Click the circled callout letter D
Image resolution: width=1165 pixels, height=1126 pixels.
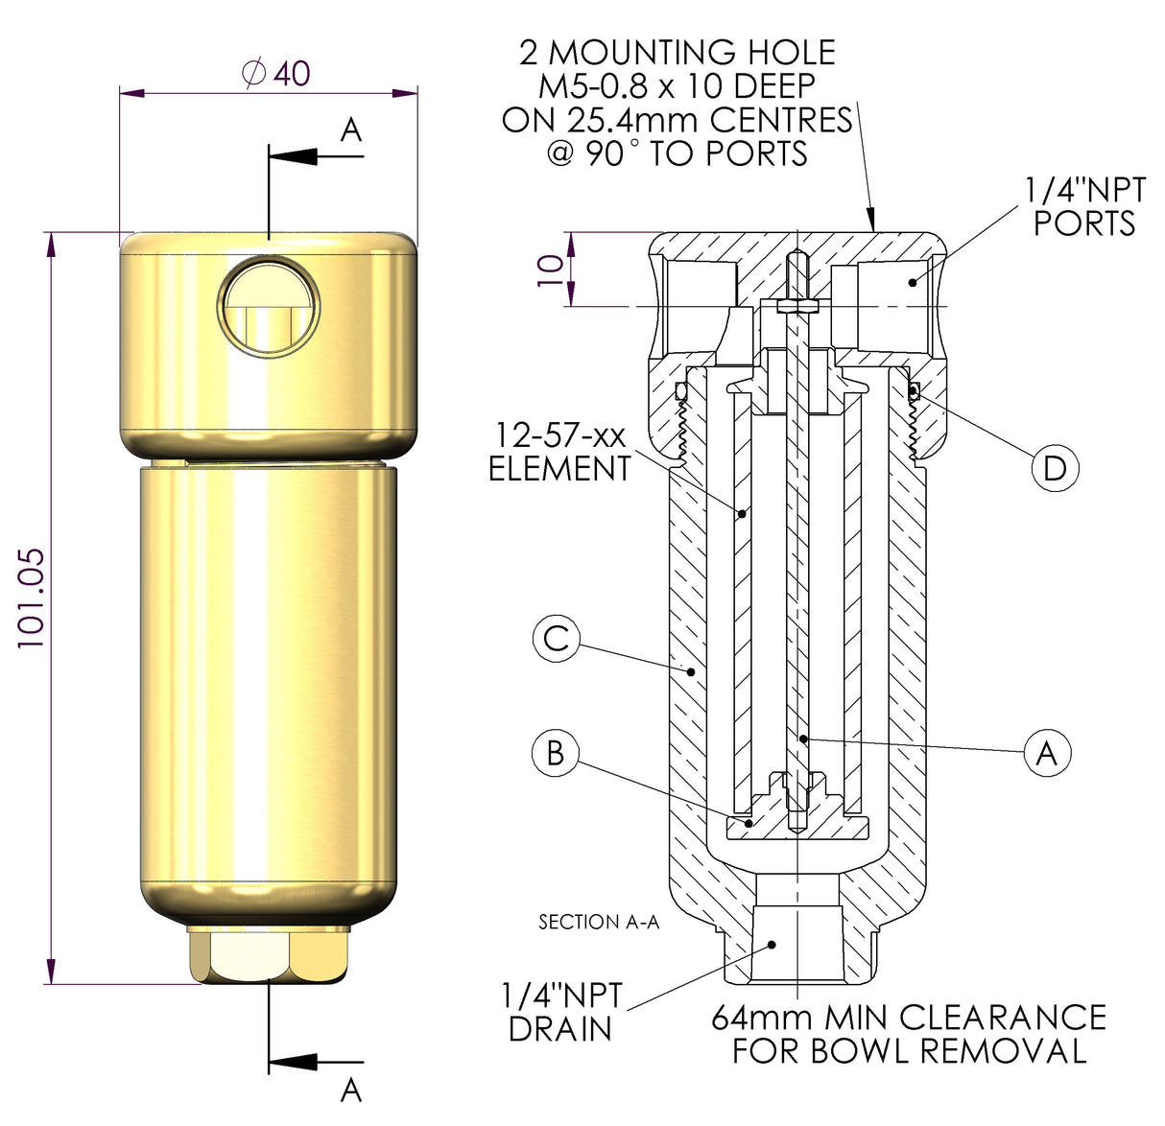(x=1055, y=468)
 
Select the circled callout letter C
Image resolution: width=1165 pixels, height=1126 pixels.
(x=557, y=638)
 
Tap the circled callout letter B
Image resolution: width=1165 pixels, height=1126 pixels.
(x=555, y=752)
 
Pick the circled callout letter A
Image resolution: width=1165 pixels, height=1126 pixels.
(x=1047, y=752)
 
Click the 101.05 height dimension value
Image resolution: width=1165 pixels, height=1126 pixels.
(x=31, y=598)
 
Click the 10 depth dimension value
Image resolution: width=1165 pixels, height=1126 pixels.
(x=551, y=270)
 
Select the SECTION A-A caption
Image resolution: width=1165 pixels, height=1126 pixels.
(x=599, y=922)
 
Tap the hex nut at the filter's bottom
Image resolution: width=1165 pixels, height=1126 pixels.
(x=270, y=955)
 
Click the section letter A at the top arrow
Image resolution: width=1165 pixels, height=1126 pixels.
(x=351, y=129)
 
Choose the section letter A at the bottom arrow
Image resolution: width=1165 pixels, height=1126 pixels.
(x=351, y=1091)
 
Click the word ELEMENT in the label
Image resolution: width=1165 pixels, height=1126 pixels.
(x=559, y=469)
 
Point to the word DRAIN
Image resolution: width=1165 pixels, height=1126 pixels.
(x=559, y=1029)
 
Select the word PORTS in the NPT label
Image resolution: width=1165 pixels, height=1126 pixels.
(x=1084, y=223)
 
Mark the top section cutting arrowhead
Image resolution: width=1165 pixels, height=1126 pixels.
(x=294, y=155)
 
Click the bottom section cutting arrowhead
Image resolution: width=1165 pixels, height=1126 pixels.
(x=294, y=1062)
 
